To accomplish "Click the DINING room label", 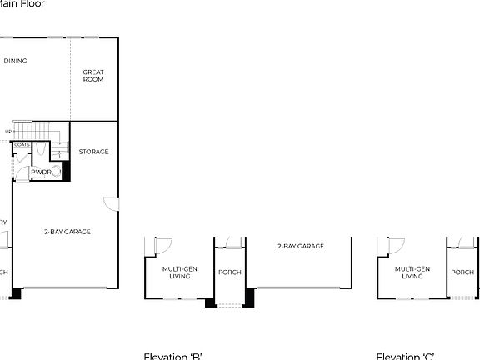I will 15,61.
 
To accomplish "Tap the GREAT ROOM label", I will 93,76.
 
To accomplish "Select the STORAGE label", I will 93,152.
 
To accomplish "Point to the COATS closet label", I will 22,145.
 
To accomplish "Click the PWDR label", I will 40,172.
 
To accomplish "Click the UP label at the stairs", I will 8,132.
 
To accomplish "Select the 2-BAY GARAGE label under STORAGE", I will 67,231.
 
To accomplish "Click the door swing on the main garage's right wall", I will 112,203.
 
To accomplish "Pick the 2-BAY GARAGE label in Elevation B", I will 301,246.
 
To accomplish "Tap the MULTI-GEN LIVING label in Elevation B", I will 179,272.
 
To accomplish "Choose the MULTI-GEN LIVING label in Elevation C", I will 412,272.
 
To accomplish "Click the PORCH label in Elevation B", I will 229,272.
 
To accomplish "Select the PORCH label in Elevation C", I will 462,272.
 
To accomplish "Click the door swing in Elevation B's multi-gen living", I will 163,246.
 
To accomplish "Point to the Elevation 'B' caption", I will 173,356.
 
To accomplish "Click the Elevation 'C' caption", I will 405,356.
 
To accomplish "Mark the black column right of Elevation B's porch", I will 249,297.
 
